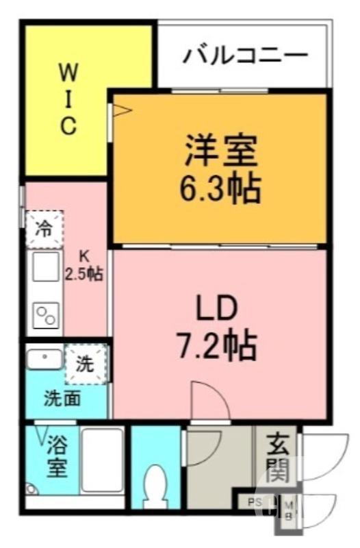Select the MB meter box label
click(288, 511)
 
